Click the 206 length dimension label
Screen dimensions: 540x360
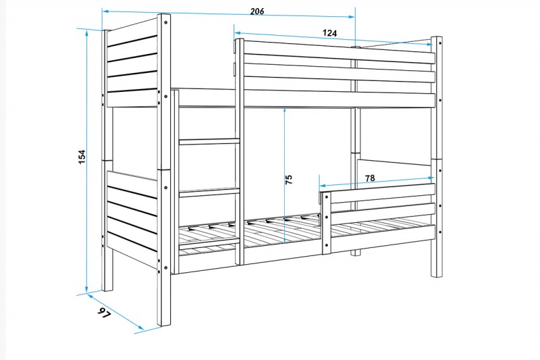click(257, 11)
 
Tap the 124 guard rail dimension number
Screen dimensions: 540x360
click(329, 33)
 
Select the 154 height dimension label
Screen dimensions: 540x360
click(82, 157)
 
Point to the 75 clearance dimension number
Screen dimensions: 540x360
click(289, 179)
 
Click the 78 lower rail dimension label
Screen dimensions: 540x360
click(370, 178)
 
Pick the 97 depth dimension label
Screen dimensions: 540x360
click(104, 313)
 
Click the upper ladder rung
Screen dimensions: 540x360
click(209, 141)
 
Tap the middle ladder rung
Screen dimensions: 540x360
click(209, 192)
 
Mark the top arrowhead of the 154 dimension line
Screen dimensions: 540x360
click(87, 33)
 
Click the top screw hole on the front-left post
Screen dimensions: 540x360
click(165, 22)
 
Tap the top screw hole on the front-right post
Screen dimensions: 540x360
click(440, 43)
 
